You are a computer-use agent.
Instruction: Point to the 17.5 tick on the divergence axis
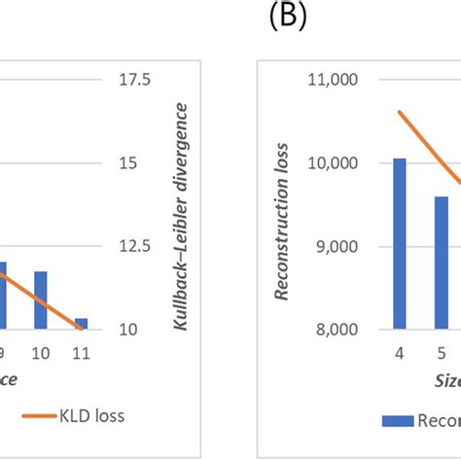(x=134, y=81)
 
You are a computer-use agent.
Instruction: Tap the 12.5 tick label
(x=134, y=247)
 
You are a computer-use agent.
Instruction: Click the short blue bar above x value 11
(x=81, y=324)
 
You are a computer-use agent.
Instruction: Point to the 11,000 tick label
(x=332, y=81)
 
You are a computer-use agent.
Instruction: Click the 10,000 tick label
(x=332, y=163)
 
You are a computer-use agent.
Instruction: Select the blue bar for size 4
(x=400, y=243)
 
